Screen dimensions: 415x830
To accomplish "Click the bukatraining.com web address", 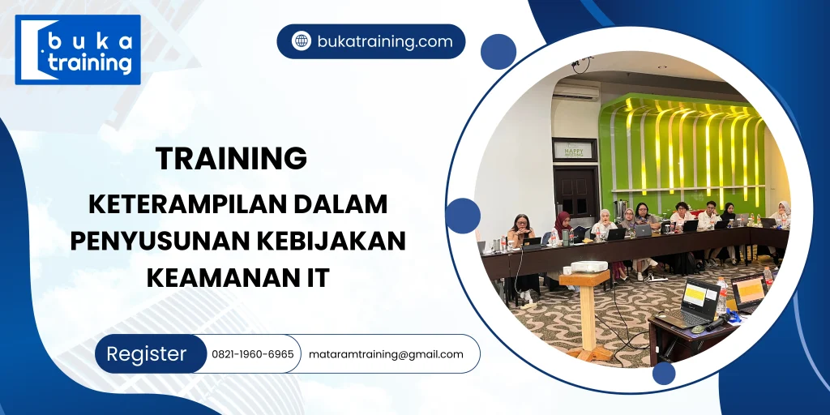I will click(385, 41).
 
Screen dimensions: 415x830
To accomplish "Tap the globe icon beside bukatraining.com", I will click(302, 41).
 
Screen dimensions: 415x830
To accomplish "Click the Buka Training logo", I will click(78, 49).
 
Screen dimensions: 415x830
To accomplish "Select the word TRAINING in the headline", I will click(231, 158).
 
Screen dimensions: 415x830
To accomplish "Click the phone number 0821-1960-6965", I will click(252, 354).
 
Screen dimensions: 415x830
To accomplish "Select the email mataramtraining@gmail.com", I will click(386, 354).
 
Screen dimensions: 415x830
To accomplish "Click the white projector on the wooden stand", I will click(589, 266).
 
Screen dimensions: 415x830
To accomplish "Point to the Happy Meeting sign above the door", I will click(573, 150).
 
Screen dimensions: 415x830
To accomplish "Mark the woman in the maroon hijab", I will click(560, 225).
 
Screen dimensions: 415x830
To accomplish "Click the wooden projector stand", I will click(587, 312).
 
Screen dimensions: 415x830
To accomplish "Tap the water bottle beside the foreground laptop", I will click(721, 297).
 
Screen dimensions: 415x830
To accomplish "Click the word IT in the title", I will click(316, 278).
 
